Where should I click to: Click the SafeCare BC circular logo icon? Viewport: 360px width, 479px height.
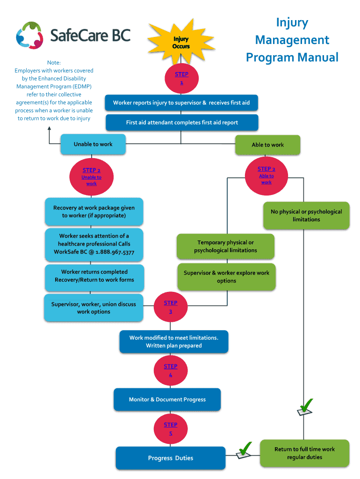[29, 36]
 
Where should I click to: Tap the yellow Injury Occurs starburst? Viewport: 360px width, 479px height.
[180, 43]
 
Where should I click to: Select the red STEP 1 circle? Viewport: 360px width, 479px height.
[181, 78]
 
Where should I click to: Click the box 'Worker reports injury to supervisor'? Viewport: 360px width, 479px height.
[181, 103]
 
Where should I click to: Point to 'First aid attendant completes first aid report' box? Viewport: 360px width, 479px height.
[181, 123]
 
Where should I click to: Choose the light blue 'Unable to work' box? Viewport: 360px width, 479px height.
[93, 144]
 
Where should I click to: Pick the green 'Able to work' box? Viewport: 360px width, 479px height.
[267, 145]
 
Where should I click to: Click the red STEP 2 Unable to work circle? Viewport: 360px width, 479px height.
[92, 176]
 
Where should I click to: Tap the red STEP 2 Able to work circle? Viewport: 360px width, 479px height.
[266, 175]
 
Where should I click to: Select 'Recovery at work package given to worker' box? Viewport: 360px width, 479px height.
[94, 211]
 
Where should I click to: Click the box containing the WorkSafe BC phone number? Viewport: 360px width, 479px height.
[94, 244]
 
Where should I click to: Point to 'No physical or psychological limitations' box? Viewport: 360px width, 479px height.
[306, 216]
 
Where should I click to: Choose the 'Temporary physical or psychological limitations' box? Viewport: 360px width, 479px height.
[225, 247]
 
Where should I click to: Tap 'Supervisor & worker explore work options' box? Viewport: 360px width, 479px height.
[226, 277]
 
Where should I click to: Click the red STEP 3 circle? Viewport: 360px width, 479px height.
[171, 307]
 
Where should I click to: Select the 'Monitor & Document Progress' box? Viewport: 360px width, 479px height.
[167, 399]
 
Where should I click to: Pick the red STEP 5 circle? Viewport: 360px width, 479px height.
[171, 429]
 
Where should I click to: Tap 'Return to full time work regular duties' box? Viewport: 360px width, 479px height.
[304, 453]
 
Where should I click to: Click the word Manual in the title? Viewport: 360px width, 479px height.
[317, 58]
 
